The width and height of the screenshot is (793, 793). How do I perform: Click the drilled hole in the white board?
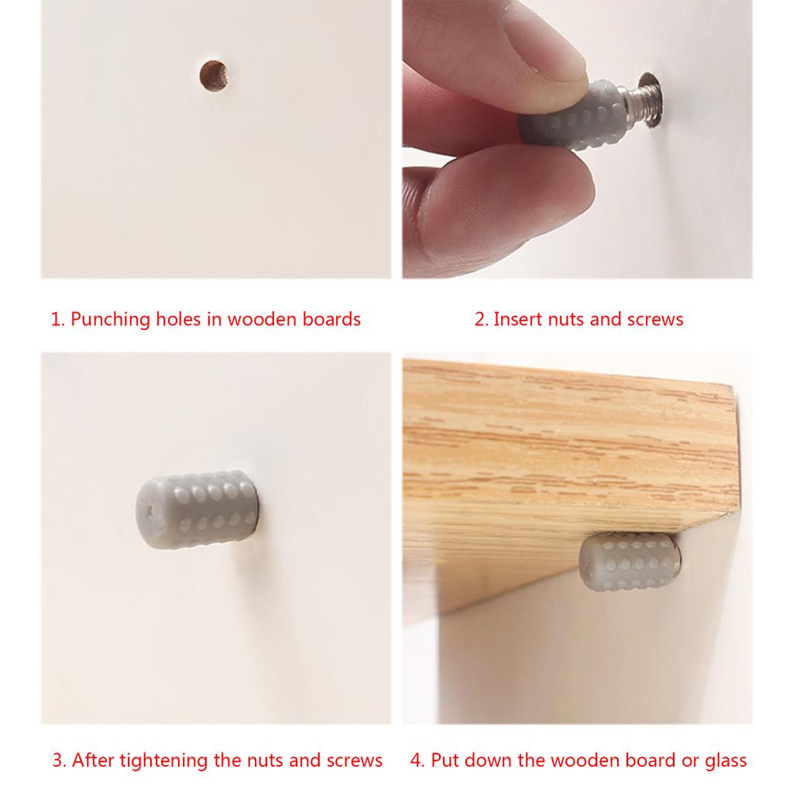pyautogui.click(x=214, y=76)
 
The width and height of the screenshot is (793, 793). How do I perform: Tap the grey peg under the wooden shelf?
pyautogui.click(x=630, y=561)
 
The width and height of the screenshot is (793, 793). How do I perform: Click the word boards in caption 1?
pyautogui.click(x=331, y=319)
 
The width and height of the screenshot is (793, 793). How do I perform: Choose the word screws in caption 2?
pyautogui.click(x=655, y=320)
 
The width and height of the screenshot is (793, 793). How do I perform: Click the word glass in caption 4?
pyautogui.click(x=725, y=761)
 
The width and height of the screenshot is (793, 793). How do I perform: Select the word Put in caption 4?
pyautogui.click(x=445, y=760)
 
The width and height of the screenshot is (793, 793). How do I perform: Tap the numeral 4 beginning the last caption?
pyautogui.click(x=416, y=760)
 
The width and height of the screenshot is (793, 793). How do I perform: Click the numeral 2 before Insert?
pyautogui.click(x=480, y=320)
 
